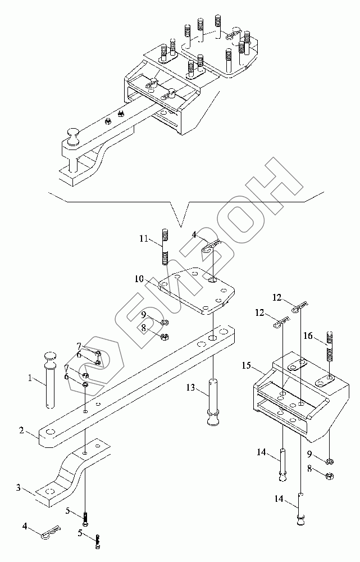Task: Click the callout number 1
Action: (30, 378)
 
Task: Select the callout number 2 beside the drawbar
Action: (22, 430)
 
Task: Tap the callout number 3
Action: (19, 487)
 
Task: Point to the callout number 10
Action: (139, 279)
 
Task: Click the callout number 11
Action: (144, 238)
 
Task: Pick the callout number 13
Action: (190, 387)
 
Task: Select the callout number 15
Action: (246, 366)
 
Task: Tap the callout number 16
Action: (308, 336)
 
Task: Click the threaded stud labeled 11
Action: (165, 247)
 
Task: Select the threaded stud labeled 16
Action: (329, 347)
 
